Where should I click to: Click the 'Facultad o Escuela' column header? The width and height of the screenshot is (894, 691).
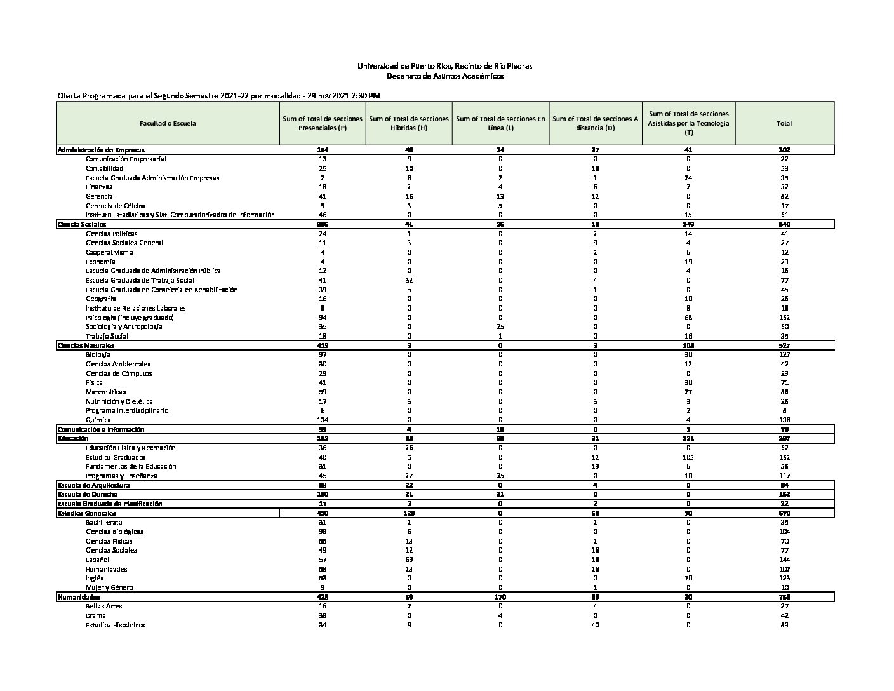(x=168, y=123)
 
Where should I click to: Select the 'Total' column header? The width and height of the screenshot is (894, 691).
(x=784, y=123)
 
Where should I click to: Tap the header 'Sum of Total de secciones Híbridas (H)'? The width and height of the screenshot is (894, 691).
(x=409, y=123)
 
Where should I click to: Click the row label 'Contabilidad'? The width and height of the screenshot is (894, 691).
(x=105, y=168)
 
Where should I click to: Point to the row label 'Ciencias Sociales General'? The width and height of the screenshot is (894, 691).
(x=124, y=243)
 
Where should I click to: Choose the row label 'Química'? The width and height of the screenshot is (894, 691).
(x=98, y=420)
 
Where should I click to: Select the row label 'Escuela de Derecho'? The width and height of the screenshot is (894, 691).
(x=88, y=494)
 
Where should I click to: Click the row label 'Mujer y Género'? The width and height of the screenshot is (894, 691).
(x=109, y=587)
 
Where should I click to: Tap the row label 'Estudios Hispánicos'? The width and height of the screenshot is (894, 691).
(x=116, y=625)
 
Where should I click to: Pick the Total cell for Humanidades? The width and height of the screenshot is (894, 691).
(x=784, y=597)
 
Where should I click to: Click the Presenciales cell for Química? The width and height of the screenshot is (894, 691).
(x=323, y=420)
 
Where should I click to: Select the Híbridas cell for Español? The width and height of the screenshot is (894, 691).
(x=409, y=560)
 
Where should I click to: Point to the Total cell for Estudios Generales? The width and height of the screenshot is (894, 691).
(x=784, y=513)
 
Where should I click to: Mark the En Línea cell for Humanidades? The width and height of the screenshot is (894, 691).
(x=500, y=597)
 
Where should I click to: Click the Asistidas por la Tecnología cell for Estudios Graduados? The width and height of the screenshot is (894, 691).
(x=688, y=457)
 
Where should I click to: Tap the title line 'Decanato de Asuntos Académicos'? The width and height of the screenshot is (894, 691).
(x=445, y=76)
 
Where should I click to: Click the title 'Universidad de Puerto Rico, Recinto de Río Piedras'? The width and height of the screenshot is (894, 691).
(x=445, y=66)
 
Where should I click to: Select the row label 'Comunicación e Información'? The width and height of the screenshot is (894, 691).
(x=97, y=429)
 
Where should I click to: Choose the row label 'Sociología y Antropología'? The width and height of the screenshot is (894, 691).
(x=124, y=326)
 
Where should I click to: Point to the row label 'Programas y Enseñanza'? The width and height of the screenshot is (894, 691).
(x=121, y=476)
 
